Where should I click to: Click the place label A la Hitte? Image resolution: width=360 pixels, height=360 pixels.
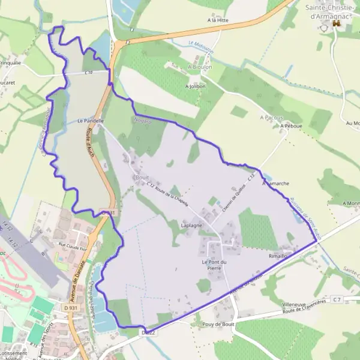tap(218, 20)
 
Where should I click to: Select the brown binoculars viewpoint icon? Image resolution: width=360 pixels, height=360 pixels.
tap(337, 23)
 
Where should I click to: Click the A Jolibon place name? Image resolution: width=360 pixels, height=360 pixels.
tap(196, 86)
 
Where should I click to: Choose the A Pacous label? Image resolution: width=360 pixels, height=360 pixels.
tap(272, 118)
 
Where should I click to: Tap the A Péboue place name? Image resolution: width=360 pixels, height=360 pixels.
tap(290, 127)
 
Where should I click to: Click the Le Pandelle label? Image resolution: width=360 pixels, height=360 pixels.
tap(91, 121)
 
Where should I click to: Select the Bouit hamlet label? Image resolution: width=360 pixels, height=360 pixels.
tap(142, 178)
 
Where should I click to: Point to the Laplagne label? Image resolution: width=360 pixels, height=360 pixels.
tap(192, 225)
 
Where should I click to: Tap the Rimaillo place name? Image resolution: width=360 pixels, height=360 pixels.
tap(280, 256)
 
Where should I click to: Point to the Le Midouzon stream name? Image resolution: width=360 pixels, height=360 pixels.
tap(200, 45)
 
